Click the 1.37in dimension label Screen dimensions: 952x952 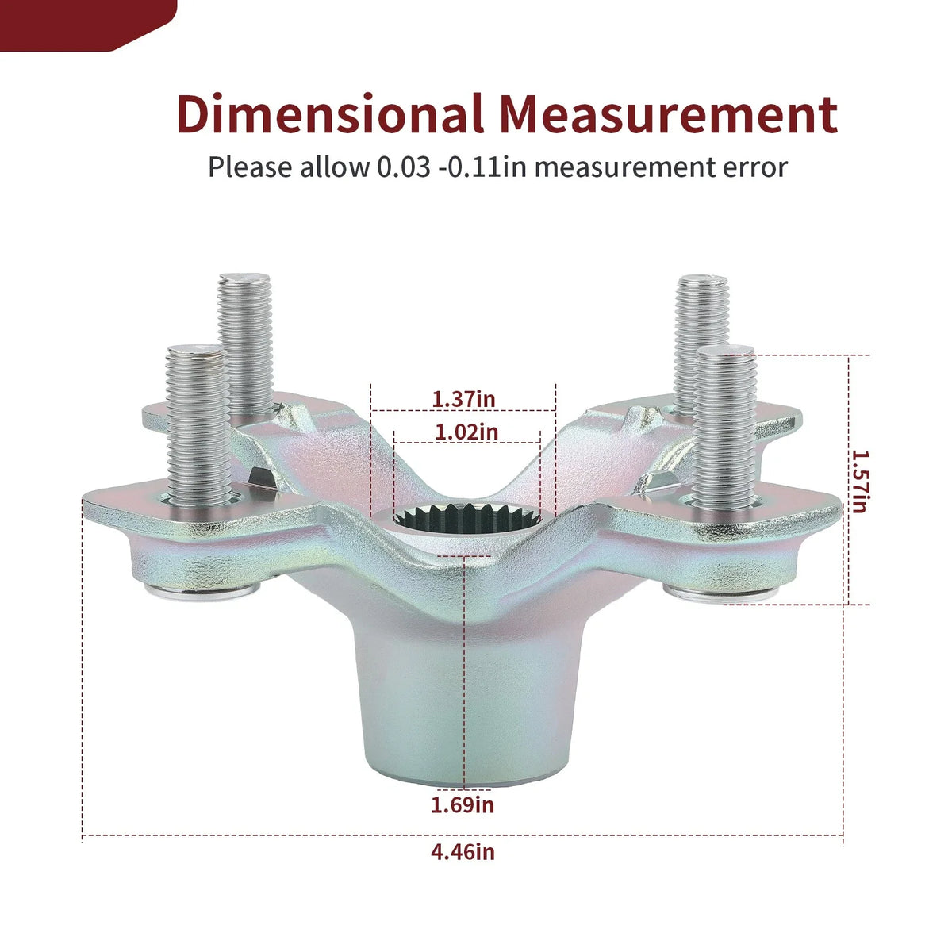(463, 399)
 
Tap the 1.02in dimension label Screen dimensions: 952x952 (466, 432)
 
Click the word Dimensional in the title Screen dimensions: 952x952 (330, 113)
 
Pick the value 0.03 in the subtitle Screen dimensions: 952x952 (403, 167)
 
